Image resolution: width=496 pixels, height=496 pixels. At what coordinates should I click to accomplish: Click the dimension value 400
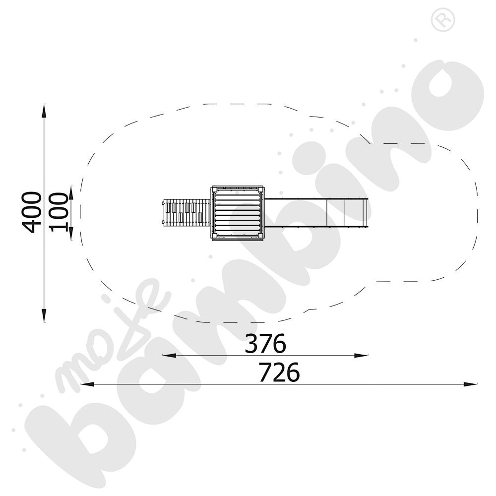tap(32, 212)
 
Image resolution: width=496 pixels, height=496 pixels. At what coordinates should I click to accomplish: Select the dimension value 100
tap(59, 212)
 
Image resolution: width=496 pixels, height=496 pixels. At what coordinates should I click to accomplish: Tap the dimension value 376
tap(265, 343)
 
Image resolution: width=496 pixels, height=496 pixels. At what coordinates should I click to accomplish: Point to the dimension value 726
tap(279, 372)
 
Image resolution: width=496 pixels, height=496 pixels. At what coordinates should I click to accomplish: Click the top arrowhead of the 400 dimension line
tap(44, 111)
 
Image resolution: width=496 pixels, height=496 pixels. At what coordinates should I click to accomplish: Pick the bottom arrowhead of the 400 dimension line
tap(44, 315)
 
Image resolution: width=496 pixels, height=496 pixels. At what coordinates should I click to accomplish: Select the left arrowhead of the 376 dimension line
tap(169, 356)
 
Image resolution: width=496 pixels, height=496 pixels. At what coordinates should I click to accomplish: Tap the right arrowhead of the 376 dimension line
tap(361, 356)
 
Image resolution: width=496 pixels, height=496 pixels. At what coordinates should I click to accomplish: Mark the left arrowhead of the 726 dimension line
tap(87, 384)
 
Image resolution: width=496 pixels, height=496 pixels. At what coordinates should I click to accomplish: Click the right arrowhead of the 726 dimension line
tap(470, 384)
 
